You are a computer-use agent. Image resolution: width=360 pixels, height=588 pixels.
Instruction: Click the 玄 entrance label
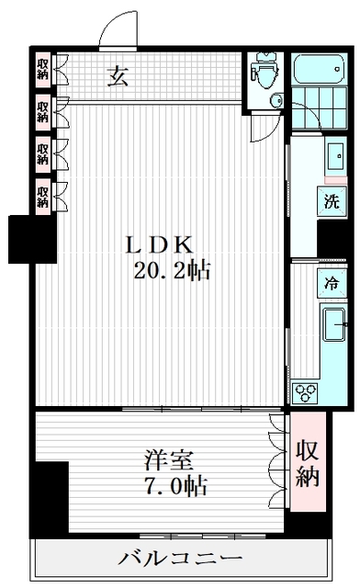tap(118, 76)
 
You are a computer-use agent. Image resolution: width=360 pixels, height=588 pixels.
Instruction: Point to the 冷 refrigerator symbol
tap(332, 284)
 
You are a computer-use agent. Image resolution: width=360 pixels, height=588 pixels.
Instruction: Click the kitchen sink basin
tap(333, 323)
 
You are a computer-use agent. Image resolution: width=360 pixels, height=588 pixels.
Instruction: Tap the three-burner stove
tap(306, 392)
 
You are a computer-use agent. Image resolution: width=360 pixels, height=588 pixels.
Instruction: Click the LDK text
tap(158, 246)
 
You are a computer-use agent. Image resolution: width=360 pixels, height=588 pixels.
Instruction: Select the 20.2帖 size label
tap(171, 272)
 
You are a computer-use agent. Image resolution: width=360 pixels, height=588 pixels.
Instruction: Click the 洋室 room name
tap(166, 458)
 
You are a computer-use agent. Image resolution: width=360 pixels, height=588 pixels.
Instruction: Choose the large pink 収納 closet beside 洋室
tap(308, 464)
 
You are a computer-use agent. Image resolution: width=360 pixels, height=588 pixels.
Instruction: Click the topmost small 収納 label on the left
tap(43, 70)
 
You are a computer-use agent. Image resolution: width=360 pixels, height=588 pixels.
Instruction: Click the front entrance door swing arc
tap(118, 30)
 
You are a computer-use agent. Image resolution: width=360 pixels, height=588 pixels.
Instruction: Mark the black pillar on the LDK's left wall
tap(21, 238)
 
